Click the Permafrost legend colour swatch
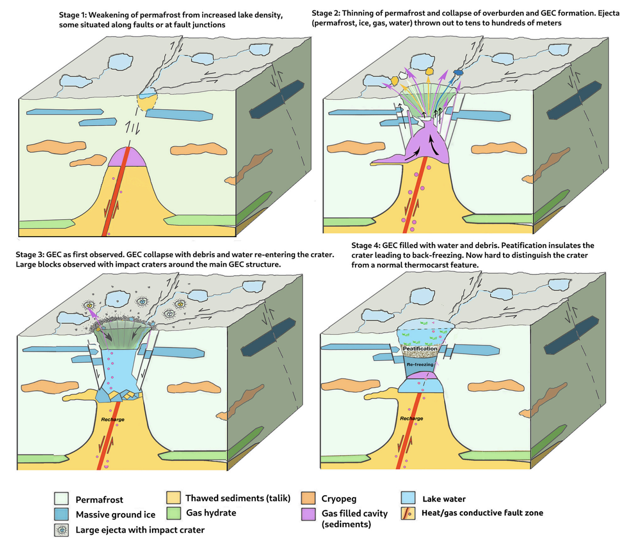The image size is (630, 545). click(61, 498)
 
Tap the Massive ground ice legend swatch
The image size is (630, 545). click(61, 514)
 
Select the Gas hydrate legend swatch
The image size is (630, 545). click(173, 513)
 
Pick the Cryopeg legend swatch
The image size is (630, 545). click(308, 498)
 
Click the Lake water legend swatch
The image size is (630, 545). click(408, 498)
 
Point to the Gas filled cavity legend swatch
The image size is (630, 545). click(308, 514)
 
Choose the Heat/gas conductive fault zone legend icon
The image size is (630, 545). click(408, 513)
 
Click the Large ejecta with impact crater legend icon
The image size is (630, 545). click(61, 530)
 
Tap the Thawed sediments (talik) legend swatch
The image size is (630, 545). click(173, 497)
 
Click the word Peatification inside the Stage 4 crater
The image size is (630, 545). click(420, 349)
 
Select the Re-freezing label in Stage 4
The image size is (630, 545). click(420, 365)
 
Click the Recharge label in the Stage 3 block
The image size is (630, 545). click(113, 419)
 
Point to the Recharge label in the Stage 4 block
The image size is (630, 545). click(411, 418)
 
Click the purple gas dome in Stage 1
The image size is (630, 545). click(127, 157)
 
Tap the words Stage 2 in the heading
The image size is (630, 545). click(325, 13)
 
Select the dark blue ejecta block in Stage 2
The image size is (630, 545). click(458, 72)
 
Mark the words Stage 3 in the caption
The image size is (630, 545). click(29, 255)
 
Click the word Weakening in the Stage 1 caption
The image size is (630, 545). click(107, 15)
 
